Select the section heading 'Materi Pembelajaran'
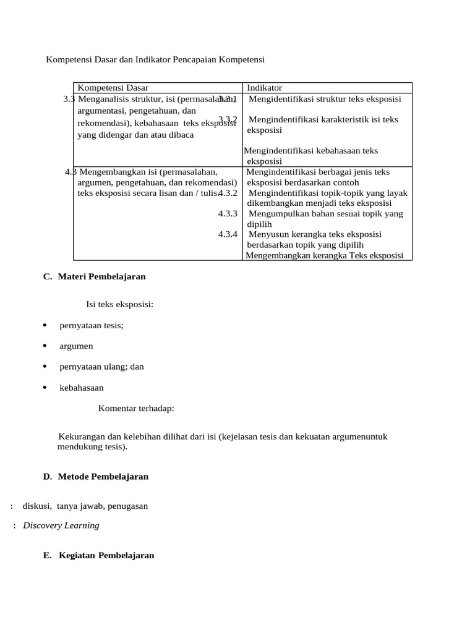[x=101, y=276]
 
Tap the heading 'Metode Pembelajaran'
[x=103, y=477]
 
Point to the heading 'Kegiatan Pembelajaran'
[x=106, y=555]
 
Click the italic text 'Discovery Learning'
[x=61, y=525]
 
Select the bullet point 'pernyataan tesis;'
[x=92, y=325]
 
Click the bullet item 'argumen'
[x=76, y=346]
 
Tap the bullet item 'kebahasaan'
[x=82, y=388]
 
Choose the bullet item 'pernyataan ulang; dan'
[x=101, y=367]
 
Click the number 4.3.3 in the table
[x=228, y=214]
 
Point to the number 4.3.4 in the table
[x=228, y=234]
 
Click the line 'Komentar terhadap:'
[x=136, y=408]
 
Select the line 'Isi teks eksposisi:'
[x=120, y=304]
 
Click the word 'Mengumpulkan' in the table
[x=276, y=214]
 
